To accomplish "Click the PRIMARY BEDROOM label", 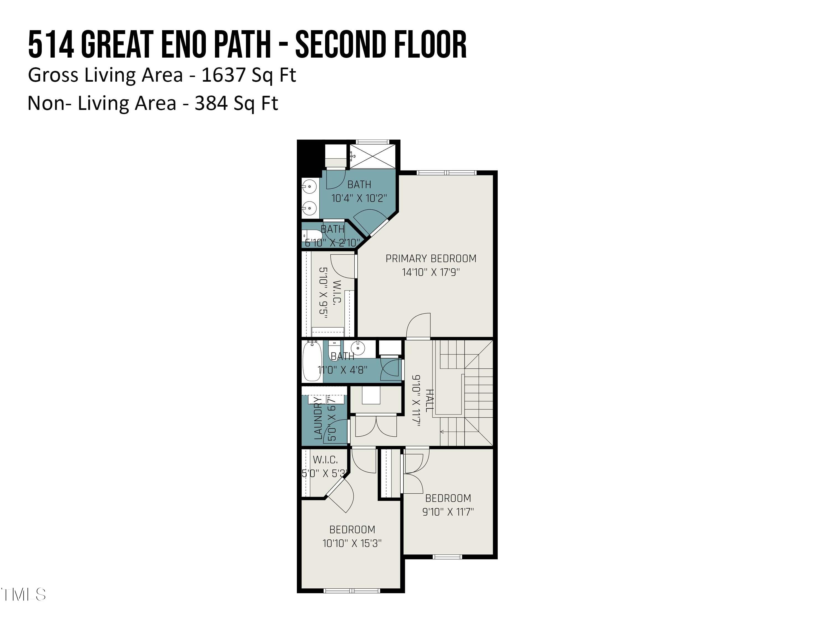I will point(431,258).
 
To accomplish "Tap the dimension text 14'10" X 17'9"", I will point(431,272).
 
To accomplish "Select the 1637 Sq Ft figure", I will point(249,75).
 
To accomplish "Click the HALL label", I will point(430,400).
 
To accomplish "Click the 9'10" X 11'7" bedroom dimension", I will point(448,512).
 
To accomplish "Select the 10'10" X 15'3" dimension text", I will point(352,543).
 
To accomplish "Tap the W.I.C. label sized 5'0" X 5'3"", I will point(325,460).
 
